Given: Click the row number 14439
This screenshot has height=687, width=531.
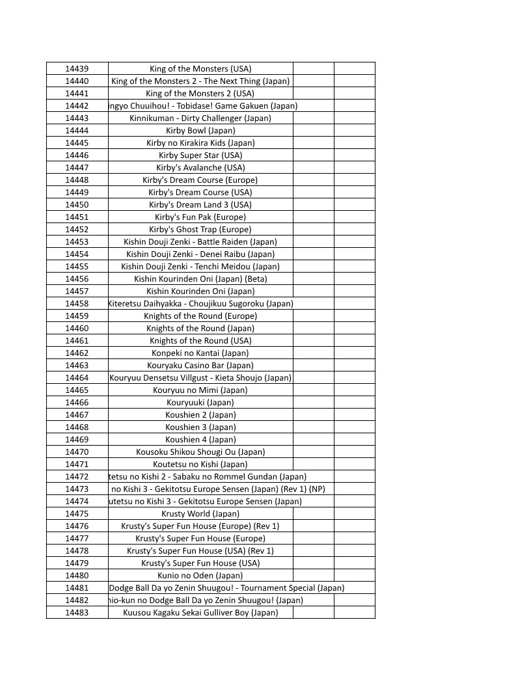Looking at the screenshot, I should point(77,68).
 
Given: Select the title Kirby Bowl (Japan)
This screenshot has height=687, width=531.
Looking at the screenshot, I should point(200,130).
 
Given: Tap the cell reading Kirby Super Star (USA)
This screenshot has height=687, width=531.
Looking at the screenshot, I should point(200,155).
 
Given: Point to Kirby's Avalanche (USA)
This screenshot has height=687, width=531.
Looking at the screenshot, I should point(200,167).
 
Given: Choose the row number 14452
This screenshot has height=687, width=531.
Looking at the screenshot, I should point(77,229).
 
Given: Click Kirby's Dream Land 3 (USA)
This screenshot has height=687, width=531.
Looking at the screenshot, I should point(200,204).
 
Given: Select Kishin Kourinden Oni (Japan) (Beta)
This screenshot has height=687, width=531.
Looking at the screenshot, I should point(200,278).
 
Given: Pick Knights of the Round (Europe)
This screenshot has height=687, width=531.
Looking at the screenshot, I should point(200,316).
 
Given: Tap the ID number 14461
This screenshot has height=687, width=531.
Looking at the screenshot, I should point(77,340).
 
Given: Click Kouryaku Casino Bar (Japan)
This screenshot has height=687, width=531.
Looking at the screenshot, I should point(200,365).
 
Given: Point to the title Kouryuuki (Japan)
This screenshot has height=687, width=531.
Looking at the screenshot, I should point(200,402).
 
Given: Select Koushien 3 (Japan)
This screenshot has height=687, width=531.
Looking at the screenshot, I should point(200,427).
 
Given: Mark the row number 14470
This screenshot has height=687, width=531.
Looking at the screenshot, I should point(77,451).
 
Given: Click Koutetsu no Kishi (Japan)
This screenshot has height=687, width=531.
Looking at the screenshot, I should point(200,464).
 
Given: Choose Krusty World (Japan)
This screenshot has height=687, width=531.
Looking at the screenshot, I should point(200,513).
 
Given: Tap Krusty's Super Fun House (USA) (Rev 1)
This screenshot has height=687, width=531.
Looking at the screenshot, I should point(200,550).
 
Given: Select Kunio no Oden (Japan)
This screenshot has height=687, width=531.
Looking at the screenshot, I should point(200,575).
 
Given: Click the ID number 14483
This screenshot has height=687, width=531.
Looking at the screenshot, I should point(77,612).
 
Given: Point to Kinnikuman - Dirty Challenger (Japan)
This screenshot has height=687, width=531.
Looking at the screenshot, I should point(200,118).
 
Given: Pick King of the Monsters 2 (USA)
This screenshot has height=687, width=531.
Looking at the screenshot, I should point(200,93).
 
